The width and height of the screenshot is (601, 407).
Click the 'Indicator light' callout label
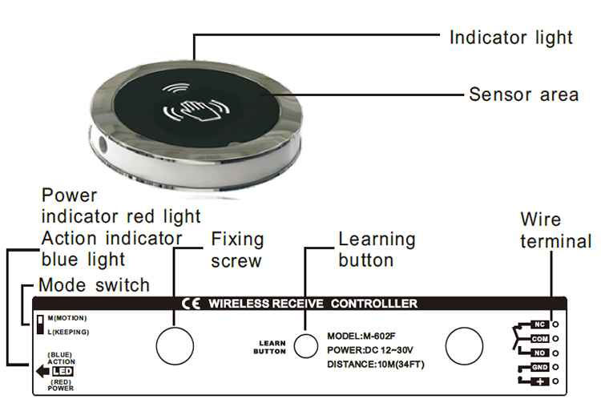coord(510,37)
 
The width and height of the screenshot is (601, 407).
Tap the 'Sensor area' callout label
coord(523,95)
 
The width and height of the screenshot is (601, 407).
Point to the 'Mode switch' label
coord(94,284)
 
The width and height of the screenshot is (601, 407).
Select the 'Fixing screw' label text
coord(237,250)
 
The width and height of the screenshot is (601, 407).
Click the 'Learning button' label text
coord(377,249)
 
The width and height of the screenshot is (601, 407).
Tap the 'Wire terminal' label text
coord(555,230)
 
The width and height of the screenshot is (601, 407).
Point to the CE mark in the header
coord(192,304)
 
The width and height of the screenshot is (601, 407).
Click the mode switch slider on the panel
coord(39,324)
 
